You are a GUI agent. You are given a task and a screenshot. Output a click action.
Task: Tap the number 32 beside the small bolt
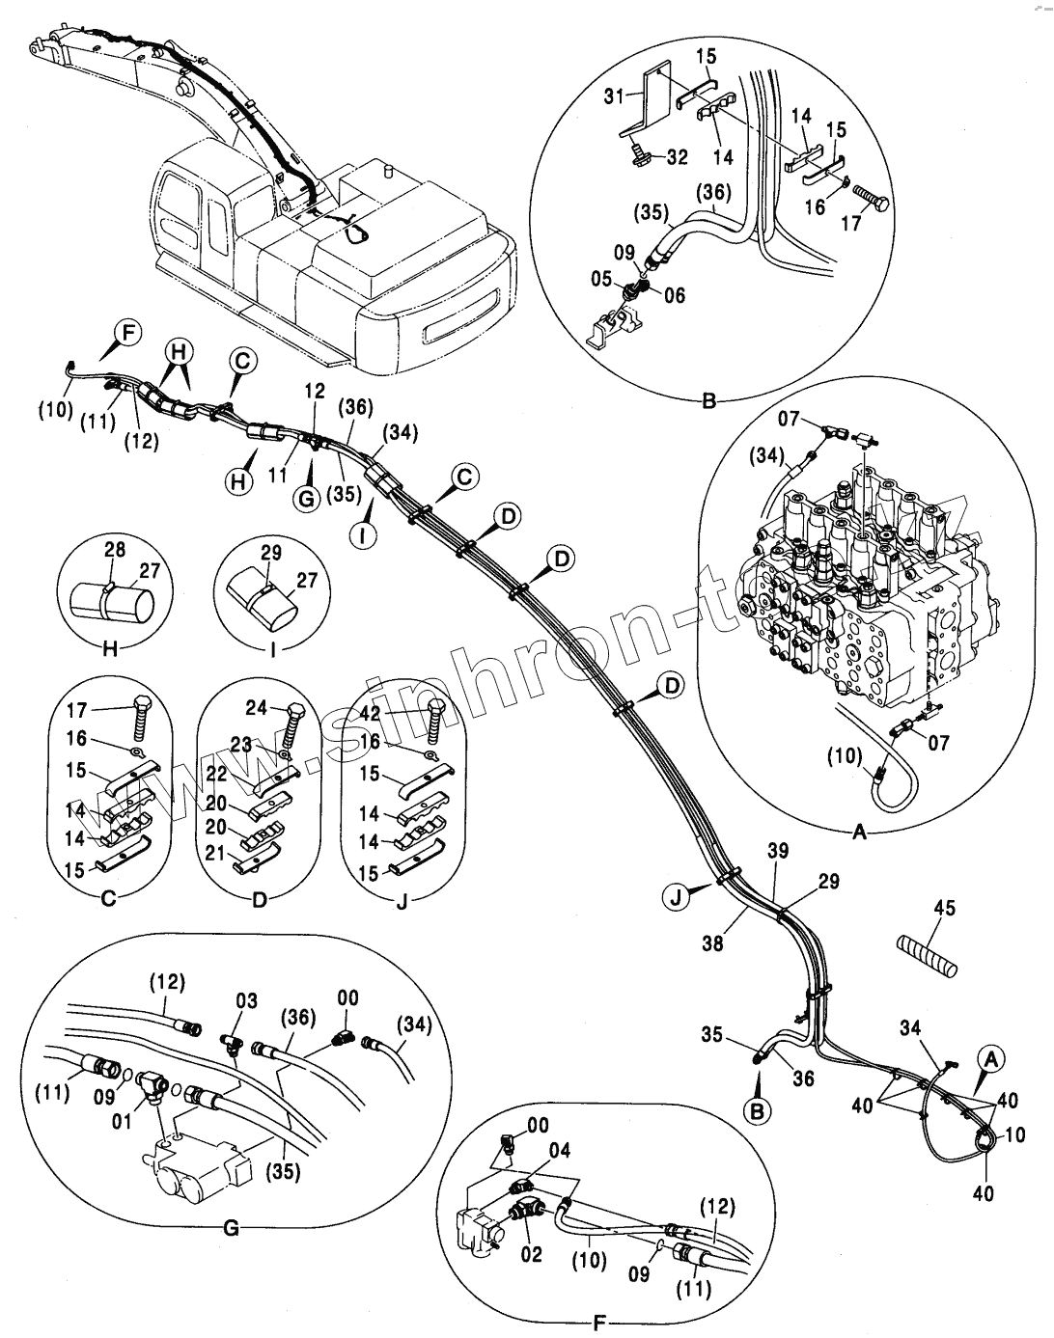677,157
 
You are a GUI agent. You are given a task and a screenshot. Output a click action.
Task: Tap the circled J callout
677,896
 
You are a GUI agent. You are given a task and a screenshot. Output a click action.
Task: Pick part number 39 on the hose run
778,850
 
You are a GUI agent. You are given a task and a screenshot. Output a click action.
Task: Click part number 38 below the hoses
713,944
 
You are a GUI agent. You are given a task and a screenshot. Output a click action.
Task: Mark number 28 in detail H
115,549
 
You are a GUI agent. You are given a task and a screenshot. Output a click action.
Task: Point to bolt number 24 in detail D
256,708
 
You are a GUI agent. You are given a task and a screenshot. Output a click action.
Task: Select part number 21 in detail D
215,853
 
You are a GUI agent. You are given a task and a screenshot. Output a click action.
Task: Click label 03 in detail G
246,1001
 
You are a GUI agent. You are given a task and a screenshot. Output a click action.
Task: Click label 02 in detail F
531,1254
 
